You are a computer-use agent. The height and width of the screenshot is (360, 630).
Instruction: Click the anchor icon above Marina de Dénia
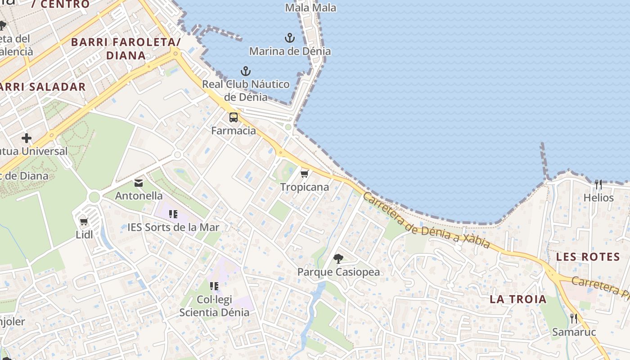click(x=290, y=38)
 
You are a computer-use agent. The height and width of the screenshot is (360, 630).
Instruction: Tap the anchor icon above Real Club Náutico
click(x=245, y=71)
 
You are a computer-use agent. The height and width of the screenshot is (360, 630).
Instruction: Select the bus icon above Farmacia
click(x=233, y=117)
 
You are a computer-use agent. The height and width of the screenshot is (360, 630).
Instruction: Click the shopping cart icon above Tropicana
click(x=305, y=174)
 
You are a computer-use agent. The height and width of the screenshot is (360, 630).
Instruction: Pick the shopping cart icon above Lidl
click(x=84, y=221)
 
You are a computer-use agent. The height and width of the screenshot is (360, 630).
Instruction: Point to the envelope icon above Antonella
click(x=139, y=183)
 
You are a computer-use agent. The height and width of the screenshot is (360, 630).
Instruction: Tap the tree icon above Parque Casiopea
click(x=338, y=258)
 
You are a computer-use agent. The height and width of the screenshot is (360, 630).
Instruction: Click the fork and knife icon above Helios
click(x=598, y=184)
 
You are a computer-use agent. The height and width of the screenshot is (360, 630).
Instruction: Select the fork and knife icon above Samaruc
click(x=574, y=319)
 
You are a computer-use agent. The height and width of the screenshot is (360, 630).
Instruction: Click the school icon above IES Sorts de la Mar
click(x=173, y=214)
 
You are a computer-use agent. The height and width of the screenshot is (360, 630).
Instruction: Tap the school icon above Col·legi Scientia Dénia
click(x=214, y=286)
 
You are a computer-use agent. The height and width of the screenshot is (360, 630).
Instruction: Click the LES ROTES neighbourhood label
click(x=588, y=257)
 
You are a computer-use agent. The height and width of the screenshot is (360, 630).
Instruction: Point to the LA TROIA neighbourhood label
click(x=518, y=299)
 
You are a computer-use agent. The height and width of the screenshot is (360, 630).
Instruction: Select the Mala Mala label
click(x=311, y=7)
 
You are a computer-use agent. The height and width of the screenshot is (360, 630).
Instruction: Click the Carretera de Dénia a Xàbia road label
click(x=426, y=220)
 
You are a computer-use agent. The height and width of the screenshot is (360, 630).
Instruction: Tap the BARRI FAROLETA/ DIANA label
click(x=126, y=49)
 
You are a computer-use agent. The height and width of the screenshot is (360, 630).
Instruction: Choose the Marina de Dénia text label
click(x=290, y=51)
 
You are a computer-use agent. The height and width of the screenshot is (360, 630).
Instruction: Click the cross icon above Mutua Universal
click(x=27, y=138)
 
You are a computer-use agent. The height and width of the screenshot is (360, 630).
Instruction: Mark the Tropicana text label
click(x=305, y=187)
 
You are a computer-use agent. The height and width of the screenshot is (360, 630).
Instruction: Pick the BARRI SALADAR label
click(x=43, y=87)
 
